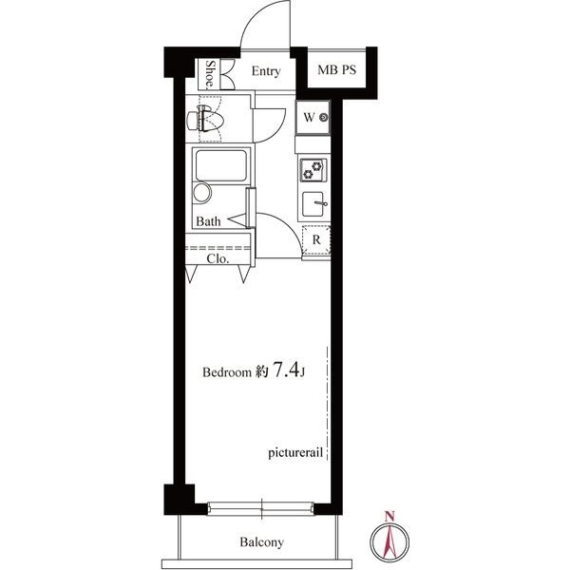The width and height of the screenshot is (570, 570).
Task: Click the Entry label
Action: click(x=266, y=71)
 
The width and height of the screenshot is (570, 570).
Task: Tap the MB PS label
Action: click(x=336, y=69)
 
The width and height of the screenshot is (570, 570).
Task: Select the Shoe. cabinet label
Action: click(x=210, y=74)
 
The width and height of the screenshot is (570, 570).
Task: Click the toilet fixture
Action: click(x=204, y=119)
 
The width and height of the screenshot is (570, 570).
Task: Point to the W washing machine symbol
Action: click(x=313, y=117)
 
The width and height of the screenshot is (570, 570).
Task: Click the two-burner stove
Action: click(x=313, y=170)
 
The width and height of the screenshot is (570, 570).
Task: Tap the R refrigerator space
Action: click(x=316, y=239)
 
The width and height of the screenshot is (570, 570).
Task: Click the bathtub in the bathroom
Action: click(x=221, y=165)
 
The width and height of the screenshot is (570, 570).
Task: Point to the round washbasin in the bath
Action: click(x=202, y=192)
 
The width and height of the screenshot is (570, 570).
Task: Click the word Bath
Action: click(x=208, y=221)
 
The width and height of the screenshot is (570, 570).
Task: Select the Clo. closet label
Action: click(x=218, y=258)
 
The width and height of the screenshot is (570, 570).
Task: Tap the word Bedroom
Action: click(x=227, y=371)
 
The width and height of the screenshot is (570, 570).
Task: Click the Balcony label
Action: click(x=261, y=542)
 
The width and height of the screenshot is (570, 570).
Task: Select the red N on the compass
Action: click(x=389, y=515)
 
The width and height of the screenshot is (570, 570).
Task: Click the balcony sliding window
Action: click(x=260, y=508)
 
